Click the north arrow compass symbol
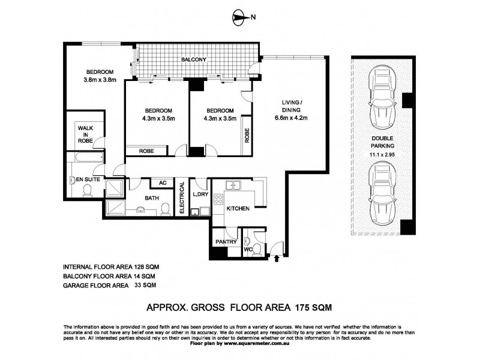tap(239, 19)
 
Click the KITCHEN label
tap(238, 208)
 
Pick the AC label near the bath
tap(162, 184)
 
